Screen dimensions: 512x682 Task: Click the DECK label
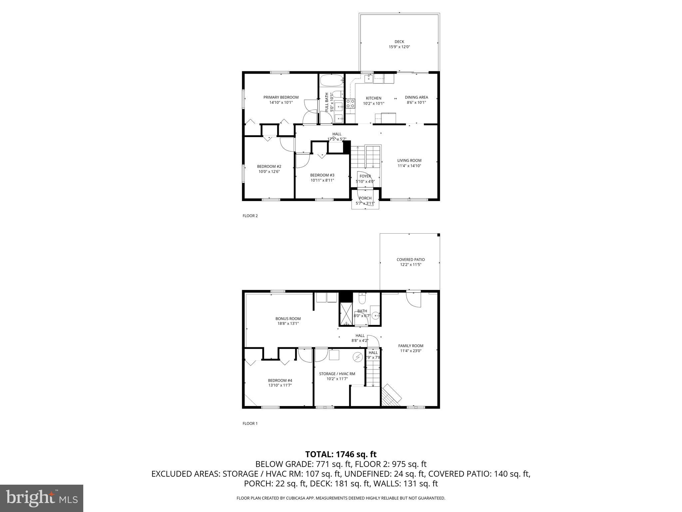(399, 42)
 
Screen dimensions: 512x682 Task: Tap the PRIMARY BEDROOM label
(281, 97)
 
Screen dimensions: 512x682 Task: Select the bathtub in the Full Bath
(331, 80)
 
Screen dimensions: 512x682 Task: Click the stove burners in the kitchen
(350, 103)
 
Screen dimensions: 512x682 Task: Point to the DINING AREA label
(416, 97)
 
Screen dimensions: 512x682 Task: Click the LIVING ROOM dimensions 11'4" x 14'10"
(409, 166)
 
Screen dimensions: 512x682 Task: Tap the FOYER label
(365, 176)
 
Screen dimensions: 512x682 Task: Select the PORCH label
(365, 198)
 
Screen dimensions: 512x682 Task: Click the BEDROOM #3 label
(322, 175)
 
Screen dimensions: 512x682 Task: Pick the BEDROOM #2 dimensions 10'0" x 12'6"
(269, 172)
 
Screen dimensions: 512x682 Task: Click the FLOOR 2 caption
(250, 216)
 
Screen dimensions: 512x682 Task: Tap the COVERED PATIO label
(411, 259)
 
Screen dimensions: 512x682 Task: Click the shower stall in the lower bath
(346, 314)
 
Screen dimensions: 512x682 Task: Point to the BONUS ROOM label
(288, 319)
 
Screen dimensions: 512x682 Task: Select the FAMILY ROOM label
(411, 346)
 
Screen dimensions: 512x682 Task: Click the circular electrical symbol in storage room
(358, 357)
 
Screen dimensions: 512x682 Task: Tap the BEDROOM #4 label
(280, 380)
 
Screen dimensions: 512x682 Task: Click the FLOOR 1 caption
(250, 424)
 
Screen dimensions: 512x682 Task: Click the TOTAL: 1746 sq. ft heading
(341, 454)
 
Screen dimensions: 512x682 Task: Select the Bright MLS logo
(42, 498)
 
